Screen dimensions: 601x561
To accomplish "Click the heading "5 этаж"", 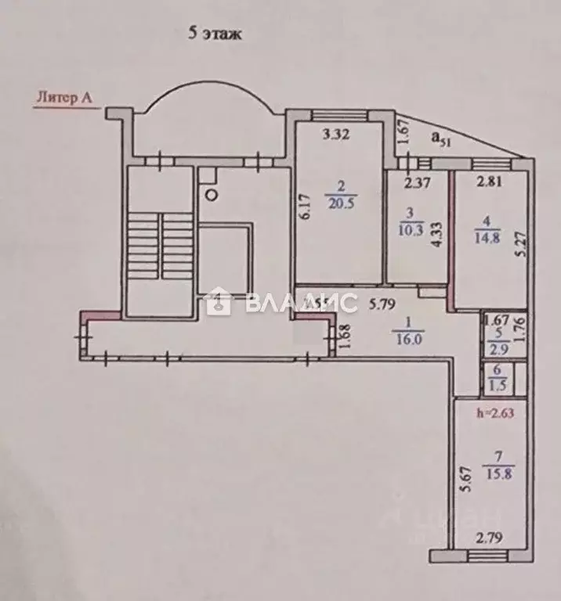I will [214, 34].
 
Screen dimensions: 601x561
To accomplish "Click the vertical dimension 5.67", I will [467, 478].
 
